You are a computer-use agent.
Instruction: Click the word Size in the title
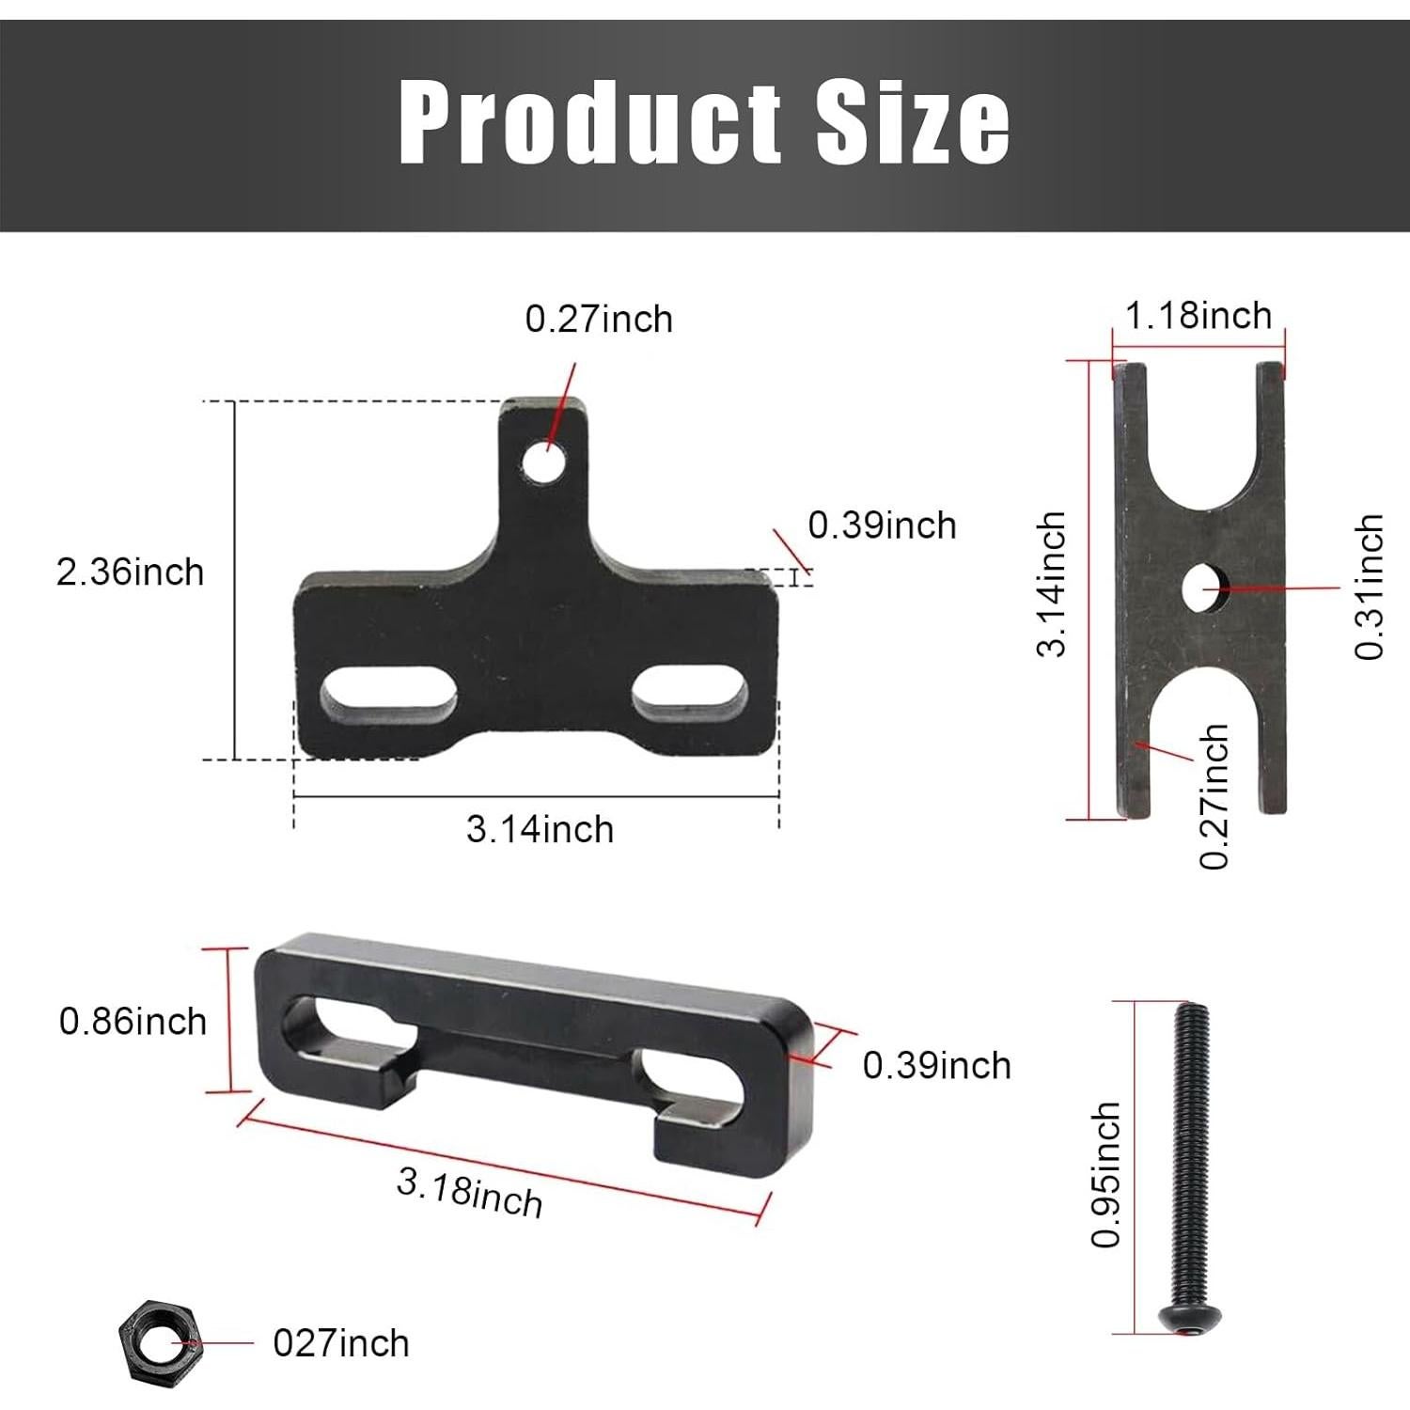click(x=912, y=123)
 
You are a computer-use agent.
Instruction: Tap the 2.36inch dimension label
click(x=130, y=572)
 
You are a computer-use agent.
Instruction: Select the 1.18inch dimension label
click(x=1198, y=316)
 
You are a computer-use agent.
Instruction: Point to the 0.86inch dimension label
click(x=133, y=1021)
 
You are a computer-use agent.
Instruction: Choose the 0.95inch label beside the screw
click(x=1106, y=1175)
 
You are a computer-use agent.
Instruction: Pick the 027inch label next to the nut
click(x=341, y=1343)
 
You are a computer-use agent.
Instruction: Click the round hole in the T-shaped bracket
click(x=546, y=462)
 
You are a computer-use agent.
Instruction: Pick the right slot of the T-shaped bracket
click(x=691, y=693)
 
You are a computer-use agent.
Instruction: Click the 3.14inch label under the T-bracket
click(x=540, y=830)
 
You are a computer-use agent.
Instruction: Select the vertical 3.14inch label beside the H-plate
click(x=1053, y=584)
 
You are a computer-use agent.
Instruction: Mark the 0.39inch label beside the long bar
click(x=936, y=1066)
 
